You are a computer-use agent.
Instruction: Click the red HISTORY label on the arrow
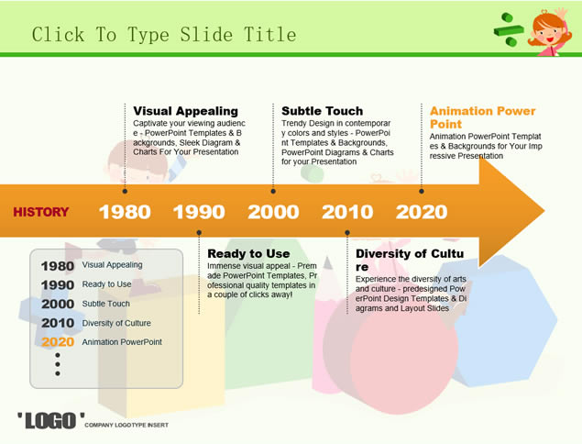coord(41,212)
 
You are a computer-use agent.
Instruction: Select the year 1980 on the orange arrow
coord(125,212)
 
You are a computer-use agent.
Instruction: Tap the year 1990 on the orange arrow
coord(199,212)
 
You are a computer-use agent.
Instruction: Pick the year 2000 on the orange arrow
coord(273,212)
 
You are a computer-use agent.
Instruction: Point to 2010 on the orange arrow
coord(347,212)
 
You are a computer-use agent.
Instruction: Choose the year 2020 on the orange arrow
coord(422,212)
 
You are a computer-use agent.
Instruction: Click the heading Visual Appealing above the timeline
coord(185,111)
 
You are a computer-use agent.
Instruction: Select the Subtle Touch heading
coord(323,111)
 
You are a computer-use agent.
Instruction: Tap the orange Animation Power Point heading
coord(482,117)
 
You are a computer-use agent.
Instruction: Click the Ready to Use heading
coord(248,253)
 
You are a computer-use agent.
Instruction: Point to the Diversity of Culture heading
coord(410,261)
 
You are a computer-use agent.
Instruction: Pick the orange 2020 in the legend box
coord(58,342)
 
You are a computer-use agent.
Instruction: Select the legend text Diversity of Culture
coord(116,323)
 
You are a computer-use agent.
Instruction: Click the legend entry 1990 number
coord(58,285)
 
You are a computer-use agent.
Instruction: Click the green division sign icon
coord(509,29)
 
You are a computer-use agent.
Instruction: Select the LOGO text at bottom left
coord(50,420)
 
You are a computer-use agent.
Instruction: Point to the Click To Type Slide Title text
coord(164,35)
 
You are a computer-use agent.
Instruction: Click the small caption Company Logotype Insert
coord(126,425)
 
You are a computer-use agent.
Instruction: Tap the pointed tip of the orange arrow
coord(544,211)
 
